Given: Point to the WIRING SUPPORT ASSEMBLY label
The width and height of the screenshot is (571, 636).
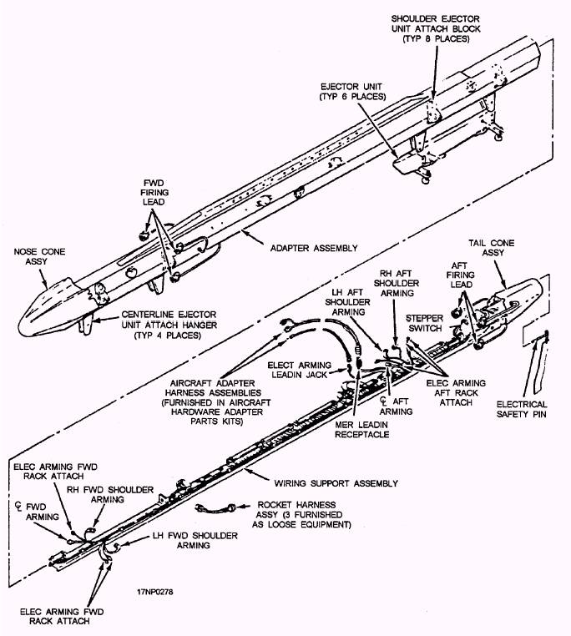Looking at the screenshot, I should [x=336, y=482].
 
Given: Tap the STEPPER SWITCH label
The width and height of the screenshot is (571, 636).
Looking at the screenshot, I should [x=426, y=322].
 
